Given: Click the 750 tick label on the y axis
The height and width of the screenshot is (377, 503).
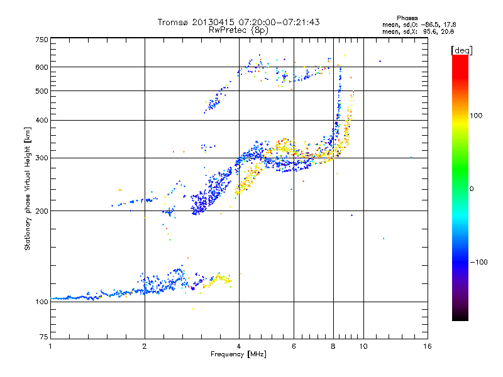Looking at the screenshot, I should pyautogui.click(x=41, y=40).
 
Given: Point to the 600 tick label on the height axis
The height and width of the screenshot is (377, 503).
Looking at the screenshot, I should pyautogui.click(x=41, y=67).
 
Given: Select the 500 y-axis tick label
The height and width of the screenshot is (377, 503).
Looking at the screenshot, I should pyautogui.click(x=41, y=91).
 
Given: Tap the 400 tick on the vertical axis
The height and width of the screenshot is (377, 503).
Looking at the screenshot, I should pyautogui.click(x=41, y=120).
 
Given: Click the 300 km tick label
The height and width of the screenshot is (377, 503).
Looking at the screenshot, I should pyautogui.click(x=41, y=158).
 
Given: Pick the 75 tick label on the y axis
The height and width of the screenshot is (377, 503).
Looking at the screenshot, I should pyautogui.click(x=43, y=337).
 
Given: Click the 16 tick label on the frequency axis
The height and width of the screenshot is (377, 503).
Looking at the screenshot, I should pyautogui.click(x=427, y=346).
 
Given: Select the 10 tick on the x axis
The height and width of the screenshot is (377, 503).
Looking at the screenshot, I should pyautogui.click(x=363, y=346).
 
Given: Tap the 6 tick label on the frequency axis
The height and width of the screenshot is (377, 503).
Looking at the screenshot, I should pyautogui.click(x=294, y=346).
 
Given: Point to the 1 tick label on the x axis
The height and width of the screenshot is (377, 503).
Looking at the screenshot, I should pyautogui.click(x=50, y=346).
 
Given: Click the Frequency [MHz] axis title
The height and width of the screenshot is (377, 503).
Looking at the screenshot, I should pyautogui.click(x=238, y=354).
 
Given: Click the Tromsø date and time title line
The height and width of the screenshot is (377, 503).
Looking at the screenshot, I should pyautogui.click(x=238, y=22).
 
